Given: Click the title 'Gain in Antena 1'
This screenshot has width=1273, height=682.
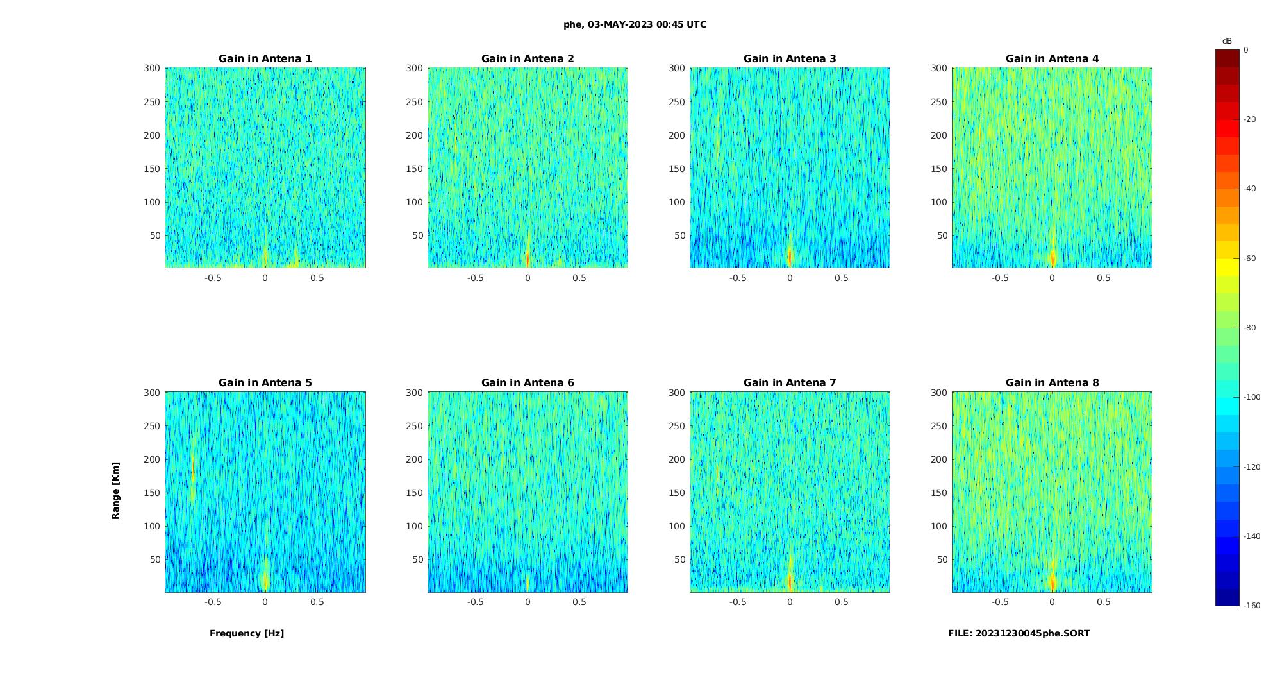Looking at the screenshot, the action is (x=265, y=59).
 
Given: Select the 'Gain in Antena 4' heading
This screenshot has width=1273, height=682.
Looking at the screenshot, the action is (x=1052, y=59).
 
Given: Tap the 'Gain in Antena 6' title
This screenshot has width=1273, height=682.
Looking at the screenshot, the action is (x=528, y=383).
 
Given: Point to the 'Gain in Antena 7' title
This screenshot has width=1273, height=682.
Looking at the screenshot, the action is (x=790, y=383).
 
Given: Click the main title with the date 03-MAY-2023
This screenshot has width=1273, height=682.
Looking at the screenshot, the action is (x=635, y=25).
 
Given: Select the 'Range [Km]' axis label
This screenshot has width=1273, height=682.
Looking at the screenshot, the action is (x=115, y=490).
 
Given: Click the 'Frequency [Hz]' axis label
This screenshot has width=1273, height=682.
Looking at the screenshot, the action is (x=247, y=633).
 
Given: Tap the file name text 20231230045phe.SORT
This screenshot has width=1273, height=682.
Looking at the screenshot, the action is (x=1019, y=633).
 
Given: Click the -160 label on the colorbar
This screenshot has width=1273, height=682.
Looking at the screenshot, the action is (x=1251, y=606).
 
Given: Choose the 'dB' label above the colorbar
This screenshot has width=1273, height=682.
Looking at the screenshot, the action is (x=1227, y=41).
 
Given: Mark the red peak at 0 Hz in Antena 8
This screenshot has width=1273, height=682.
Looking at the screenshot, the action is (x=1053, y=582).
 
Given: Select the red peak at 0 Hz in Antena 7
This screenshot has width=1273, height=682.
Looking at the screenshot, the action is (x=790, y=583).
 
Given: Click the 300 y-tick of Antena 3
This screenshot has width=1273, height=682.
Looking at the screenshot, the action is (x=677, y=68).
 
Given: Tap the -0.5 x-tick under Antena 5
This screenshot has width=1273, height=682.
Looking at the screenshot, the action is (x=213, y=602).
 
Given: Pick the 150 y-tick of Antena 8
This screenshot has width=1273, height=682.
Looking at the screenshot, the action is (x=939, y=493).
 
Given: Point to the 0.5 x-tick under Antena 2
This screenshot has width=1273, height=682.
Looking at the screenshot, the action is (x=579, y=278).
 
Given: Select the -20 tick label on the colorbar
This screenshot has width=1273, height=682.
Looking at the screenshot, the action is (x=1249, y=119).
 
